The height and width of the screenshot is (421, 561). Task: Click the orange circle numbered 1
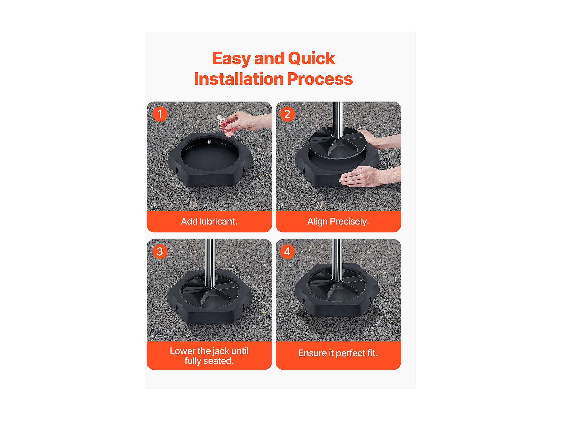(160, 114)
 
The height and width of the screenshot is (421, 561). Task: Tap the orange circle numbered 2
(287, 114)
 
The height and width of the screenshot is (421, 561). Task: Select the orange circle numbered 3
(160, 252)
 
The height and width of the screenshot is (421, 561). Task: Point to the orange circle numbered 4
(287, 252)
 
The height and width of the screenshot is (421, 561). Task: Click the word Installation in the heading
(239, 79)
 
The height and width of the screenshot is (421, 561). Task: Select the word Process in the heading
(320, 79)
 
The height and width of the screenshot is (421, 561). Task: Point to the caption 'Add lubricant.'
(209, 221)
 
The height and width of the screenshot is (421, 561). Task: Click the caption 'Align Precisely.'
(338, 222)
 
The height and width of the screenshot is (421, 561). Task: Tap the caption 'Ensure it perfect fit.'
(338, 353)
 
